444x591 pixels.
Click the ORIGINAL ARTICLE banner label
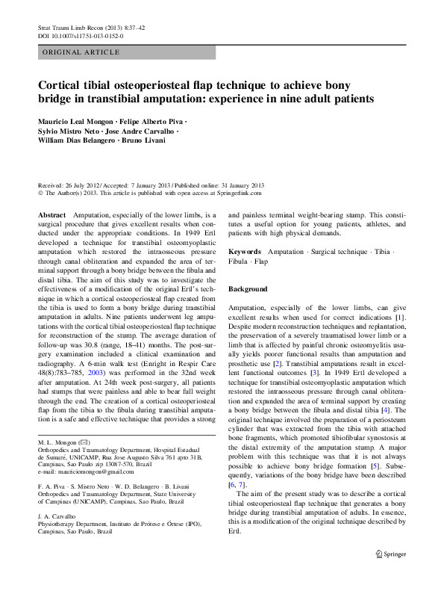click(82, 52)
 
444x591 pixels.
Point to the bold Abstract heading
click(51, 214)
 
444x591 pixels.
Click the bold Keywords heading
click(245, 253)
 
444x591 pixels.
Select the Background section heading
click(248, 288)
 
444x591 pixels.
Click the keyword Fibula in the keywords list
click(239, 263)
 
